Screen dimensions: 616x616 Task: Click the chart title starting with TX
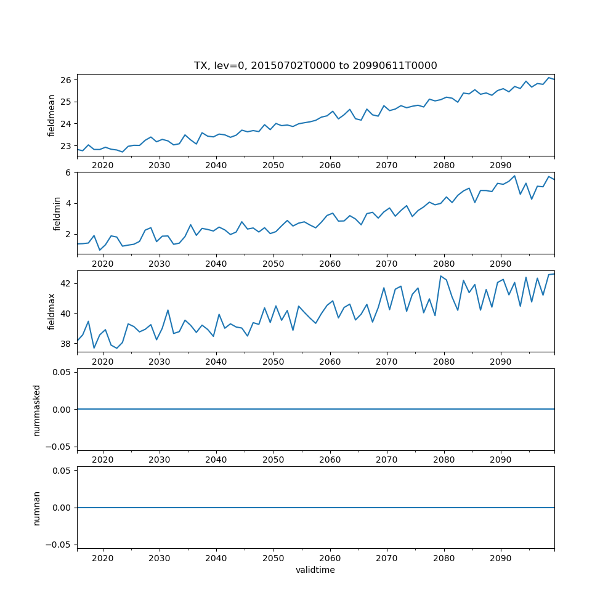coord(315,66)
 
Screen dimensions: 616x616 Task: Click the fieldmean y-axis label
coord(52,115)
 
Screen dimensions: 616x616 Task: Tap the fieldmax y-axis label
coord(52,312)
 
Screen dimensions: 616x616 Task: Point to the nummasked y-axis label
coord(37,410)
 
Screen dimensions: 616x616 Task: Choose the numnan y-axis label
coord(37,508)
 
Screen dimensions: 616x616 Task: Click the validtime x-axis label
coord(315,570)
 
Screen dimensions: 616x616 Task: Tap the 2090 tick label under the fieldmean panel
coord(500,166)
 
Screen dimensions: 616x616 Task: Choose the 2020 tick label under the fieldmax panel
coord(102,362)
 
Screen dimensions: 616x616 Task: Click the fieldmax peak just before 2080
coord(440,276)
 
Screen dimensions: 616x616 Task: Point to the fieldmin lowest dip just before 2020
coord(100,250)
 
